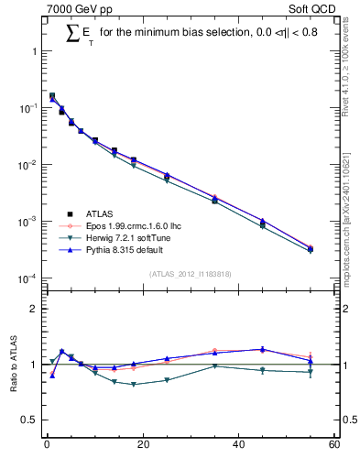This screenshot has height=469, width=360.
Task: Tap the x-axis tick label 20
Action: pos(142,446)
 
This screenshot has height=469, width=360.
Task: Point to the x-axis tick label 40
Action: pos(238,446)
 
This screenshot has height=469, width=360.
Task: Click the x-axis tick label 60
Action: pos(333,446)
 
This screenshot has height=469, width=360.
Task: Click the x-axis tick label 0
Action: pos(47,446)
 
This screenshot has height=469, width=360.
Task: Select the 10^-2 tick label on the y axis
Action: pos(29,165)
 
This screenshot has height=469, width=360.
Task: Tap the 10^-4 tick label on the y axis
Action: pos(29,278)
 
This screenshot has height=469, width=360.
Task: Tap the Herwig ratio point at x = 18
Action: pos(133,385)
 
